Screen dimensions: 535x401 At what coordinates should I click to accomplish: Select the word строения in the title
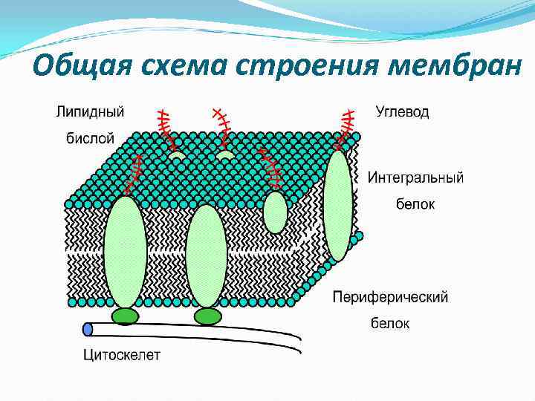click(x=306, y=67)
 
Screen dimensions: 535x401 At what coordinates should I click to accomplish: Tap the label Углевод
click(x=402, y=112)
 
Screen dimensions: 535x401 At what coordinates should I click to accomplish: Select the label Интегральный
click(x=416, y=177)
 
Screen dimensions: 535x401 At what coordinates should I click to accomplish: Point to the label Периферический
click(x=390, y=298)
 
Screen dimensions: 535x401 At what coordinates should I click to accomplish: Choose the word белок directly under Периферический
click(x=390, y=323)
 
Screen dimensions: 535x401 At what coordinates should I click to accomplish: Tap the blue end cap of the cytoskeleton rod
click(x=88, y=328)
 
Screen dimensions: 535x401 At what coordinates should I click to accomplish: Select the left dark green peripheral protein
click(x=126, y=316)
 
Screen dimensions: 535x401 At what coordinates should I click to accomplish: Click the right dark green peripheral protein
click(x=207, y=316)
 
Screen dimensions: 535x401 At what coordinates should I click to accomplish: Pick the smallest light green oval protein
click(x=275, y=212)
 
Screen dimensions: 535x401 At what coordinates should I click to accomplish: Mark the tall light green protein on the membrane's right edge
click(x=338, y=206)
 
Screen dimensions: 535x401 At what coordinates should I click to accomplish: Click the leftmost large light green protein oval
click(x=125, y=251)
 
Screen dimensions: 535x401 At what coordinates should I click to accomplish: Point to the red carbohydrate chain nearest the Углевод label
click(x=346, y=126)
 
